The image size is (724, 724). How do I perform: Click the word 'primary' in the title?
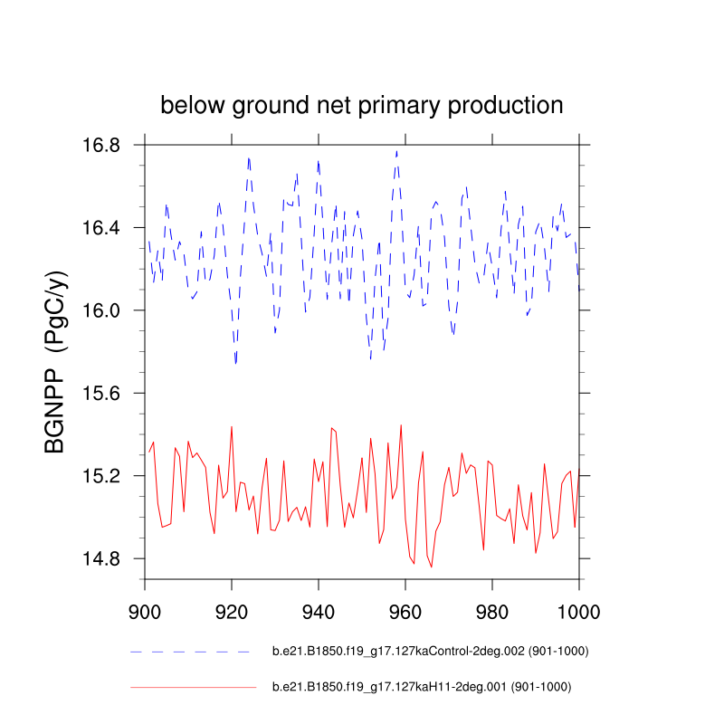400,106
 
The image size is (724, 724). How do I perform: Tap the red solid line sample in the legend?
193,688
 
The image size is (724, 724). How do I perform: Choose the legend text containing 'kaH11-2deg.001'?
422,688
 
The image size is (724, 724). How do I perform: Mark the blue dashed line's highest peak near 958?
396,151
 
